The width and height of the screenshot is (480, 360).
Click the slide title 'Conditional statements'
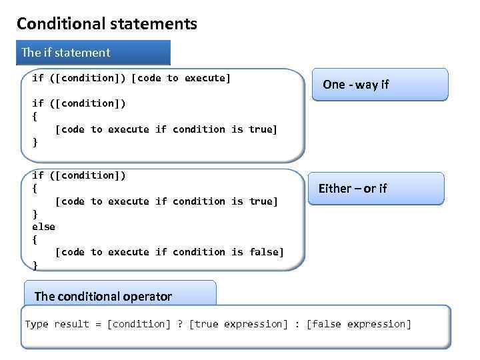[x=107, y=24]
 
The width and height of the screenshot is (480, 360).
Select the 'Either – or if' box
[x=375, y=189]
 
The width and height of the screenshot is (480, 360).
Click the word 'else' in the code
[x=43, y=227]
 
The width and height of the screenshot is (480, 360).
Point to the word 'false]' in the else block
[x=267, y=252]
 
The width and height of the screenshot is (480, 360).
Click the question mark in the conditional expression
[x=180, y=324]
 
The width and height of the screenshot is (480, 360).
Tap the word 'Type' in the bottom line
[x=37, y=324]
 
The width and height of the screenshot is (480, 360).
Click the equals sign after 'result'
[x=98, y=324]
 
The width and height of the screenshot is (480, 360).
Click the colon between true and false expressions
[x=297, y=324]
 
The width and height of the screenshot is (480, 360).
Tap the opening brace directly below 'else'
[x=35, y=239]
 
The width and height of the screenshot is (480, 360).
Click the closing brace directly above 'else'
[x=35, y=214]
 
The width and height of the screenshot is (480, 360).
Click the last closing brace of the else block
[x=35, y=265]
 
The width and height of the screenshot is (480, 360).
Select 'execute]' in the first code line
[x=208, y=78]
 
